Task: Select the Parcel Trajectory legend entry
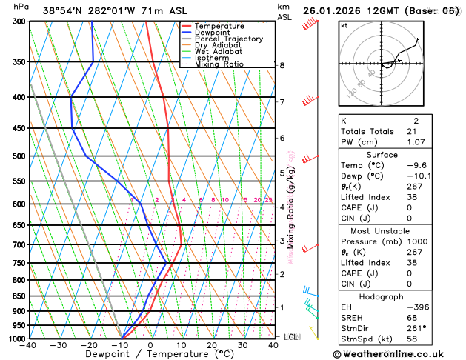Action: click(x=228, y=39)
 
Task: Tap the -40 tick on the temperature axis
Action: click(x=29, y=345)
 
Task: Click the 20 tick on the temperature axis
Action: click(x=212, y=345)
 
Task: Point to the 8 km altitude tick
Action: click(x=282, y=65)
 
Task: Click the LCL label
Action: click(x=291, y=337)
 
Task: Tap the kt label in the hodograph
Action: click(x=344, y=25)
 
